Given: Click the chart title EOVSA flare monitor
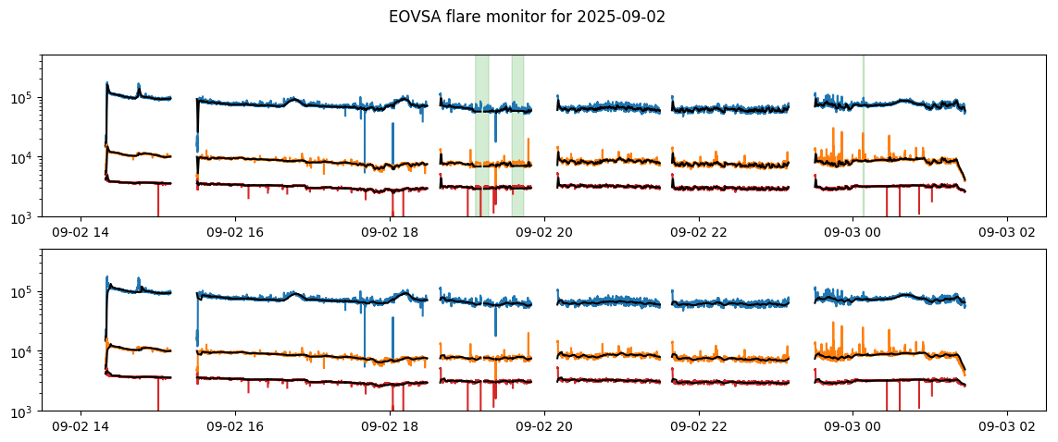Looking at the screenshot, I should [x=492, y=17].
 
